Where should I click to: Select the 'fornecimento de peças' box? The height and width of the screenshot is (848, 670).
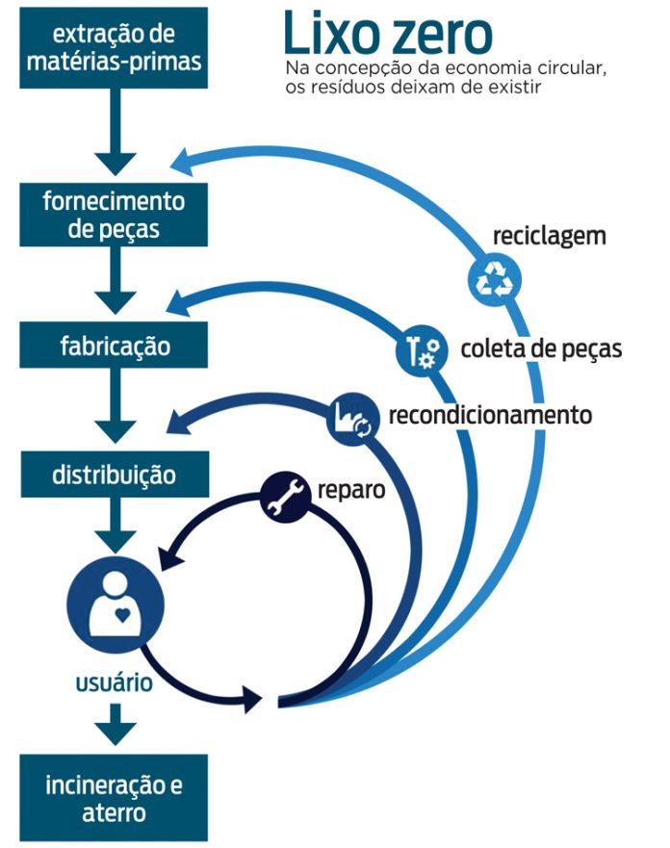click(115, 216)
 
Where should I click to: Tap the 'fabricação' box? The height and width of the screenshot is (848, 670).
click(115, 345)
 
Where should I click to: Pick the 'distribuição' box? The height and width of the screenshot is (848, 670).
click(115, 475)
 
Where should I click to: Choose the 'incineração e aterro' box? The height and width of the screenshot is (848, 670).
click(115, 798)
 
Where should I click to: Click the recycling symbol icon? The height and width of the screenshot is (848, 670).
click(494, 279)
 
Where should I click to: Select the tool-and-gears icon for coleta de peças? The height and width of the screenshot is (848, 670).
click(421, 350)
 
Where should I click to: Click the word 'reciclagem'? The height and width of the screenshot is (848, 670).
click(549, 235)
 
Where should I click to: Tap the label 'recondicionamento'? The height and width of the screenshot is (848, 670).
click(489, 416)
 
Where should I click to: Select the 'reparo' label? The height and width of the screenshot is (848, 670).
click(352, 489)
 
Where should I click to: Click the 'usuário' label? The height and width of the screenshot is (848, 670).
click(114, 684)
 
